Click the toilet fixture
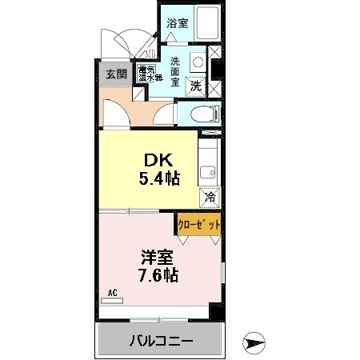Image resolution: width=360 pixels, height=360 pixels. [204, 114]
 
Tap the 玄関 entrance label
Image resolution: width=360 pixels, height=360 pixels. [116, 75]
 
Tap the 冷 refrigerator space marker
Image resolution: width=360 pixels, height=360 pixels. [210, 196]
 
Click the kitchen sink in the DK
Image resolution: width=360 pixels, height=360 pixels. [209, 170]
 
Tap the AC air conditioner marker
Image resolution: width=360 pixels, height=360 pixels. [113, 294]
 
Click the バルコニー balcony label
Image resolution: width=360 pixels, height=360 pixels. [160, 342]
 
